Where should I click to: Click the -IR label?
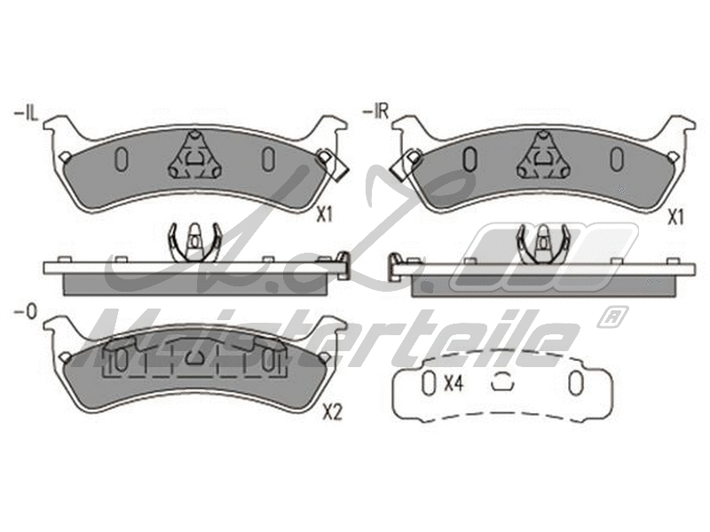[x=376, y=113]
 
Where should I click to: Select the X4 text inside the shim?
[x=454, y=383]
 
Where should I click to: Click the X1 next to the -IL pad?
[x=324, y=214]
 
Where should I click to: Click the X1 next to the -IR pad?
[x=676, y=214]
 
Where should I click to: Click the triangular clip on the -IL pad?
[x=194, y=156]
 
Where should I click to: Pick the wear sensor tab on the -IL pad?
[x=335, y=166]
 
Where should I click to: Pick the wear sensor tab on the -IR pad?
[x=406, y=163]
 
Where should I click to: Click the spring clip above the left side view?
[x=193, y=241]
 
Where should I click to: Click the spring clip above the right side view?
[x=543, y=241]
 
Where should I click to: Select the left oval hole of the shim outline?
[x=429, y=383]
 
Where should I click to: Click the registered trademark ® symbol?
[x=614, y=315]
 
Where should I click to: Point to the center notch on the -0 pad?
[x=195, y=359]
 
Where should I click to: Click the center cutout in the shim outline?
[x=502, y=382]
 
